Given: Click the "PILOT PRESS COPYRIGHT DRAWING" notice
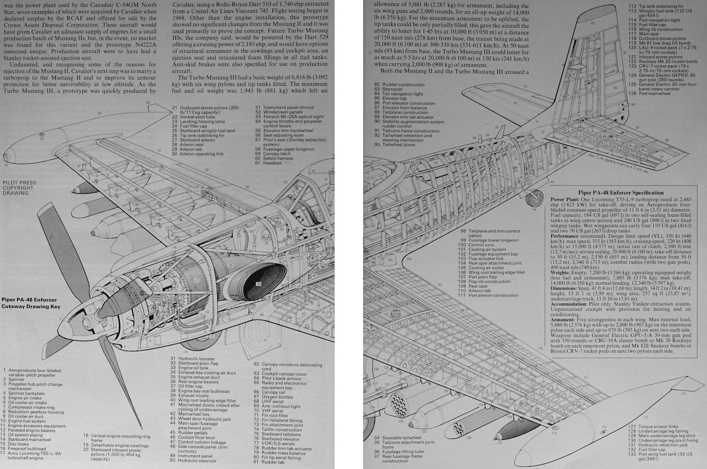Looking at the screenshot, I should pyautogui.click(x=19, y=188).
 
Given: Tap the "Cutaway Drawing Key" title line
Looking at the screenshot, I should pyautogui.click(x=31, y=307).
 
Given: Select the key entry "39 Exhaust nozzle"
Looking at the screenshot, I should pyautogui.click(x=194, y=395).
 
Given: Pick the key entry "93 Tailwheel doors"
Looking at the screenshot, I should pyautogui.click(x=398, y=144).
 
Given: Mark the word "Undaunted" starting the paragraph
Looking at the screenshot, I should pyautogui.click(x=24, y=65).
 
